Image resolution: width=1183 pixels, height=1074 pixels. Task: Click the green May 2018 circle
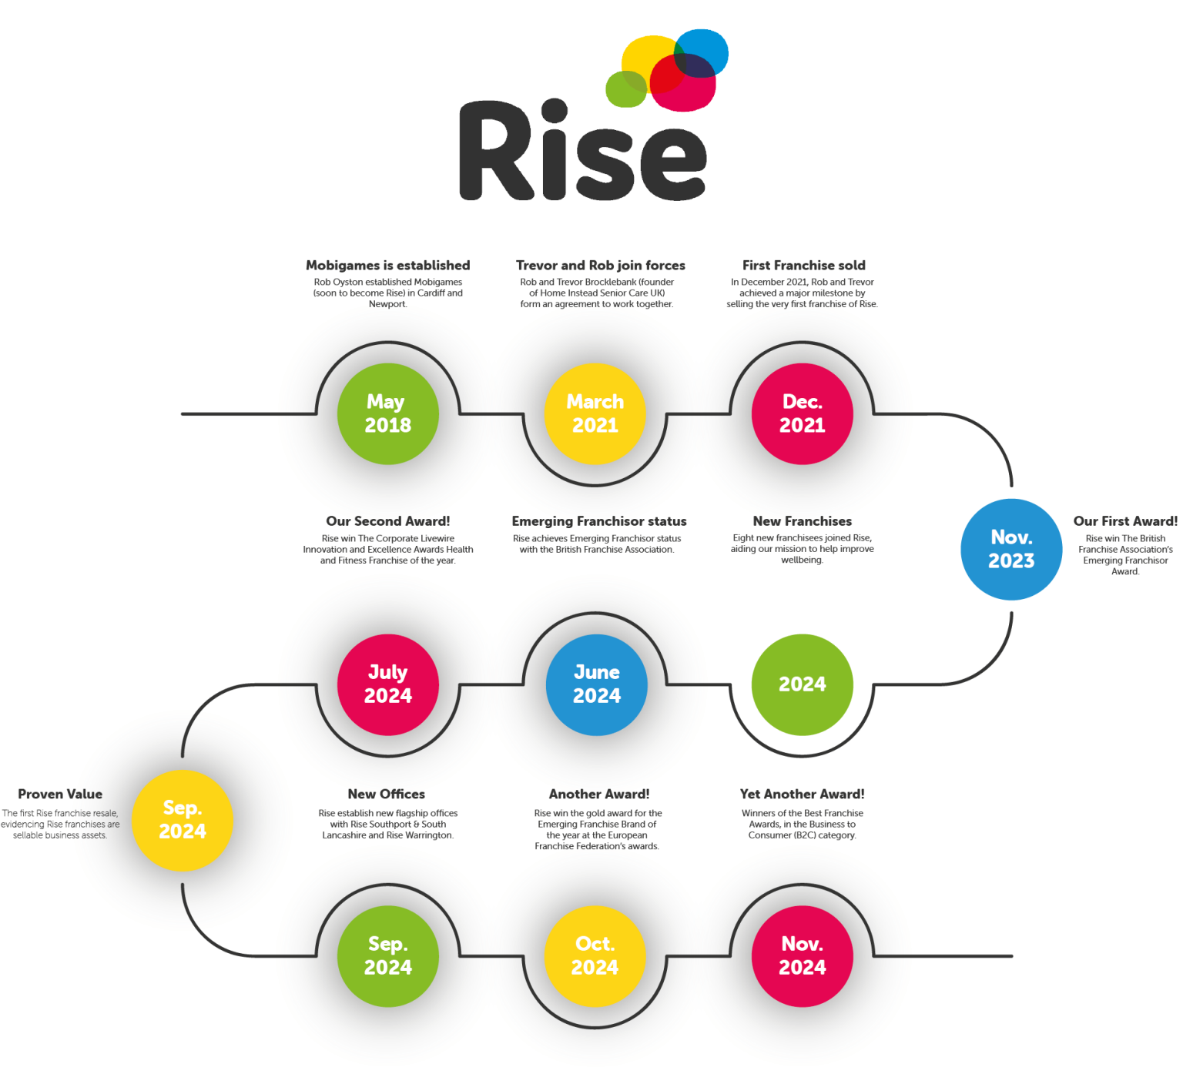[x=388, y=413]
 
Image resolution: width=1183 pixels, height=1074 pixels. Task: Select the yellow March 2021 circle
[x=595, y=413]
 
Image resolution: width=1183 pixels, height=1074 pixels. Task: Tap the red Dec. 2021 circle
[x=802, y=413]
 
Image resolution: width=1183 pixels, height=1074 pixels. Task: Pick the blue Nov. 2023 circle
[x=1011, y=549]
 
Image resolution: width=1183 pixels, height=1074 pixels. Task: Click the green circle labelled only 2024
[x=802, y=684]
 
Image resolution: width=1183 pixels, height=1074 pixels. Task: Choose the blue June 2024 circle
[x=596, y=684]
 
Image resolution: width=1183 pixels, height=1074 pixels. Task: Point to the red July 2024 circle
[x=388, y=684]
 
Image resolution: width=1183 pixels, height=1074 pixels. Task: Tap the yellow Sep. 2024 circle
[x=183, y=820]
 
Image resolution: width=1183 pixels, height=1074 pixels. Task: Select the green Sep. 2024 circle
[x=388, y=955]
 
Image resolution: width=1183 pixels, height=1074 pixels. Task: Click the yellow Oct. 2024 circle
[x=595, y=955]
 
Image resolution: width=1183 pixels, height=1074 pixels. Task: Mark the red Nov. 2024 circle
[x=802, y=955]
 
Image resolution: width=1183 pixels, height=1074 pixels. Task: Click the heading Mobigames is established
[x=387, y=265]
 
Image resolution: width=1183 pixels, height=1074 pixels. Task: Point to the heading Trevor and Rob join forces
[x=600, y=265]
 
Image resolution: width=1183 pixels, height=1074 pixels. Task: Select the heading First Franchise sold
[x=804, y=265]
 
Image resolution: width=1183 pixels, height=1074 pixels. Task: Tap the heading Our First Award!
[x=1125, y=521]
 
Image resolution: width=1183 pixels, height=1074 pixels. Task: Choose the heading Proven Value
[x=60, y=794]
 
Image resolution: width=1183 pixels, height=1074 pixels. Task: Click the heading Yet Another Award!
[x=803, y=794]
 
